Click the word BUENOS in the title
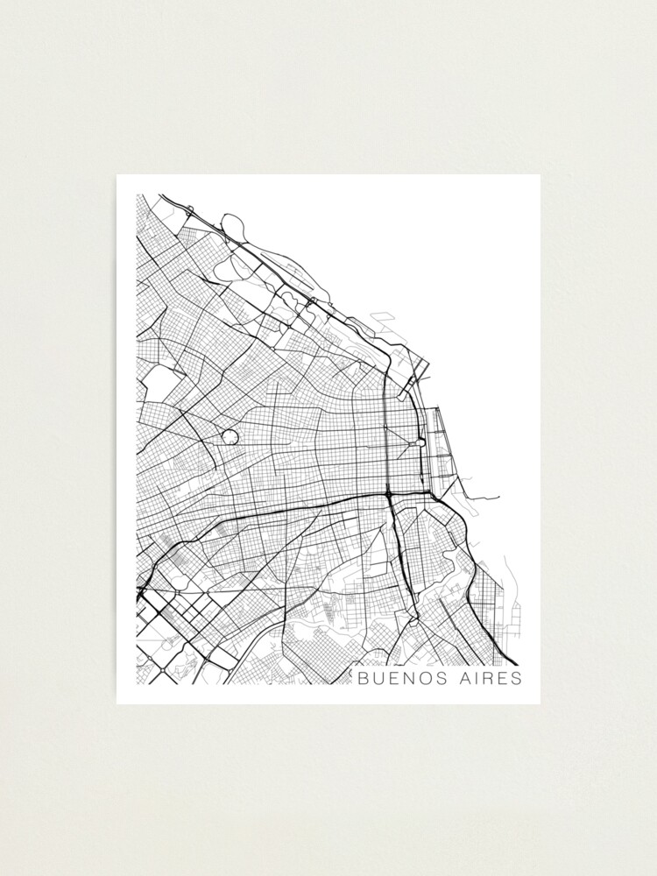pyautogui.click(x=397, y=678)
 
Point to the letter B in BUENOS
pyautogui.click(x=361, y=678)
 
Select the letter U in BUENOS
pyautogui.click(x=377, y=678)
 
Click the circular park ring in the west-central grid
pyautogui.click(x=230, y=435)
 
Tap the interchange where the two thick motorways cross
pyautogui.click(x=388, y=496)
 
